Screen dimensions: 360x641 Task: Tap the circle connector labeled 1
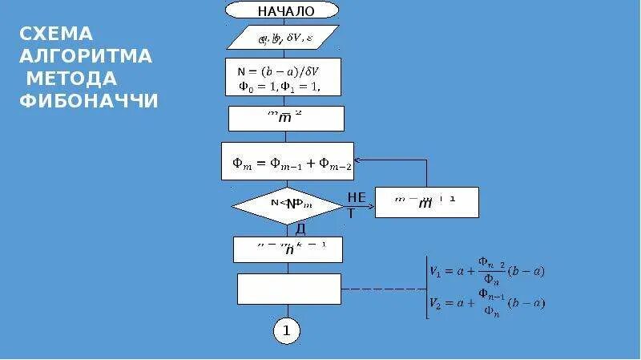(286, 330)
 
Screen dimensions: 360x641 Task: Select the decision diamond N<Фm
(286, 205)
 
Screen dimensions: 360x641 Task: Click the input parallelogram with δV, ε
(283, 38)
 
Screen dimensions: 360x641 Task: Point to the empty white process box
(289, 289)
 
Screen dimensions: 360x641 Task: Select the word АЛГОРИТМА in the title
(85, 56)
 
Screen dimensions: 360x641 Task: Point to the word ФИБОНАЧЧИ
(88, 101)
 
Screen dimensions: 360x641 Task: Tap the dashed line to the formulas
(382, 289)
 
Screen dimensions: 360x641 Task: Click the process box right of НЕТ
(426, 202)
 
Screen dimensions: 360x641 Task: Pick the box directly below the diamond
(288, 249)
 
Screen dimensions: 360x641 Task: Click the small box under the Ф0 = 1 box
(286, 118)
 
